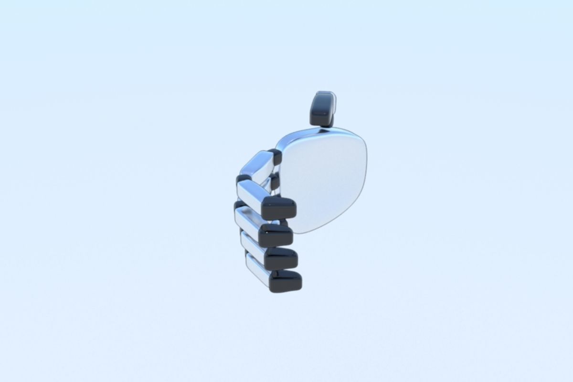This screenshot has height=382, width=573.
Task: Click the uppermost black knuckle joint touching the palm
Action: point(275,157)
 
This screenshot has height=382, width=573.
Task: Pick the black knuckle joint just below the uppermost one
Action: point(275,181)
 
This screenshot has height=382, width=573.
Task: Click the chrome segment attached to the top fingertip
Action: point(253,193)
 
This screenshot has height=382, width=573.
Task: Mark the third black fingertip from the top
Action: point(281,258)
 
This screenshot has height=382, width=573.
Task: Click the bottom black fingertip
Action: point(285,281)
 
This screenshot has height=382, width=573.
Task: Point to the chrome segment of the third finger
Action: point(253,246)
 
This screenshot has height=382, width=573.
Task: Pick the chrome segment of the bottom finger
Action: point(258,271)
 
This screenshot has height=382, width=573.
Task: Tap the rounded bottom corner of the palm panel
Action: point(306,230)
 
